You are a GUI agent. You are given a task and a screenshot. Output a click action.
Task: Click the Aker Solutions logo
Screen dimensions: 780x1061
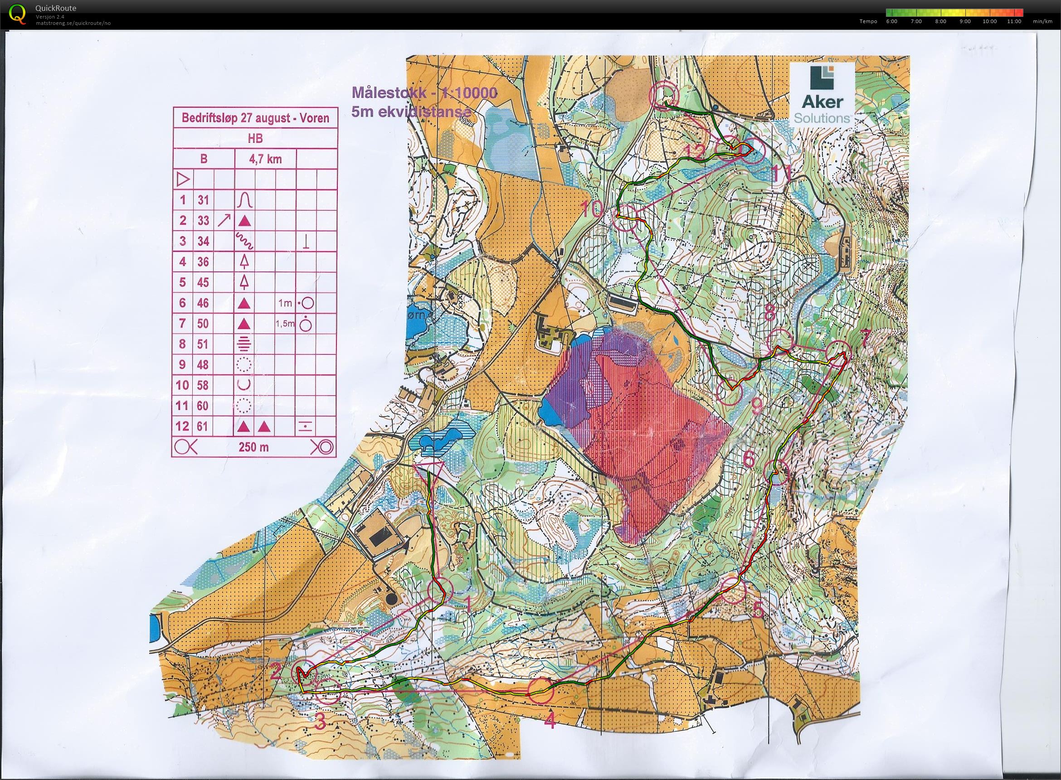pos(823,94)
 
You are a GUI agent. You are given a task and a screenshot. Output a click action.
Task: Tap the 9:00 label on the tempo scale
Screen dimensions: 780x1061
pos(965,21)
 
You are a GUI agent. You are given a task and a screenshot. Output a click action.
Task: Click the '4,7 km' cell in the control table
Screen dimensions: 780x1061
pos(266,159)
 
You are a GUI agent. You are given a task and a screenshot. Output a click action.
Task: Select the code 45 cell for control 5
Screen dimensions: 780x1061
pos(203,282)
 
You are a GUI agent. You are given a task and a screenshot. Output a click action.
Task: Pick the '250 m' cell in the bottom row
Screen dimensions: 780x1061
pos(253,447)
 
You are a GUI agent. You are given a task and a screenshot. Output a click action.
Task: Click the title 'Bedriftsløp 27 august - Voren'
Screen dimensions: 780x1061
pos(255,117)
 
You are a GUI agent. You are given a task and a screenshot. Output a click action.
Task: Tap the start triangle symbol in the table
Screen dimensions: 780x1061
pos(183,179)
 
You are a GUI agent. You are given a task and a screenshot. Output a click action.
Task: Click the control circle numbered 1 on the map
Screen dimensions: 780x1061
pos(440,590)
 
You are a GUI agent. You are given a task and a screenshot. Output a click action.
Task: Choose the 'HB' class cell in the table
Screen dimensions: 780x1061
pos(255,138)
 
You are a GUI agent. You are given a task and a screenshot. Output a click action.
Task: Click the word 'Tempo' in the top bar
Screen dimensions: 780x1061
pos(868,21)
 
